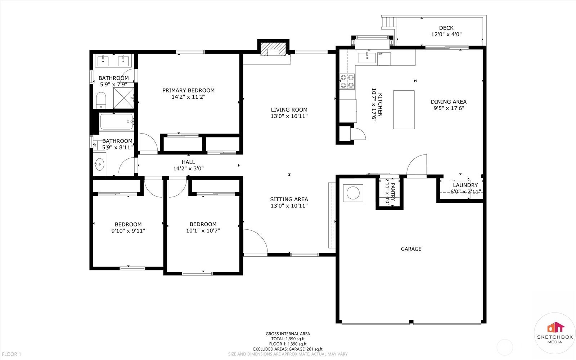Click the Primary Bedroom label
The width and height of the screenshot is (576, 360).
tap(188, 90)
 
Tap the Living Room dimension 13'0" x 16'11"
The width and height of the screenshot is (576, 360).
tap(289, 116)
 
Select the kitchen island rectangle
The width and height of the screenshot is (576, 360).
tap(404, 110)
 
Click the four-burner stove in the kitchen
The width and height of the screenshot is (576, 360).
tap(347, 81)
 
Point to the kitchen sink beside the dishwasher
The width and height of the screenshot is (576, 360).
tap(367, 58)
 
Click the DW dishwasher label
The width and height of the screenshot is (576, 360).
tap(380, 54)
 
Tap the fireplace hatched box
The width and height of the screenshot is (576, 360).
tap(273, 49)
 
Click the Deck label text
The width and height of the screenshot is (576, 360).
tap(446, 28)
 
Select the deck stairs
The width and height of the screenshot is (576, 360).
tap(389, 22)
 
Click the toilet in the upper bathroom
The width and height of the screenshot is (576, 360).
tap(101, 100)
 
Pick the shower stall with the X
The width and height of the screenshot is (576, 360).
tap(124, 98)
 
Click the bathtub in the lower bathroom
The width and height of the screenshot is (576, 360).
tap(117, 122)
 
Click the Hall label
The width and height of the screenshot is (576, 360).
tap(188, 162)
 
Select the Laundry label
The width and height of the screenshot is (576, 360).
tap(465, 185)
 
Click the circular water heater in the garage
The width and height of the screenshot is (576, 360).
tap(353, 193)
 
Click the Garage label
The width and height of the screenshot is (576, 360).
tap(411, 249)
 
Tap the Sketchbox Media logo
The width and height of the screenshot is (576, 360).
tap(554, 333)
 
